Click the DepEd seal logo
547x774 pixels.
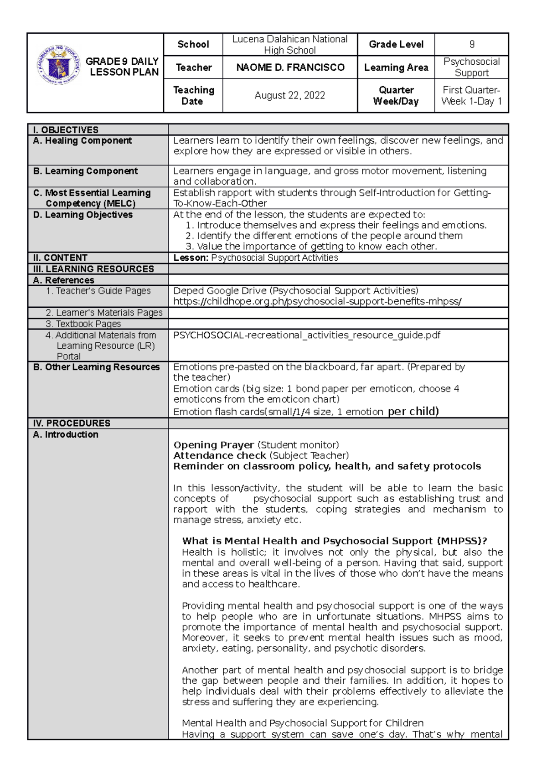pos(58,66)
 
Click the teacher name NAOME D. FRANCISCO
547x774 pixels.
pos(290,67)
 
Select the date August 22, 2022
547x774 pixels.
pos(290,95)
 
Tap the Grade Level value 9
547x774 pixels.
pos(472,44)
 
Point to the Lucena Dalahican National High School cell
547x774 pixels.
pos(290,45)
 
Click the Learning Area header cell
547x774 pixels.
pos(396,67)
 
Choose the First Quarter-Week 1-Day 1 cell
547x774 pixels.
pos(472,95)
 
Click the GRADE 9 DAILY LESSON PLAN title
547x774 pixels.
pos(122,67)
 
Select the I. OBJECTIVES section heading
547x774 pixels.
pos(66,130)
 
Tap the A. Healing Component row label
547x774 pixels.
pos(83,141)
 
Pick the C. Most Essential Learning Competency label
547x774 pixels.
pos(92,198)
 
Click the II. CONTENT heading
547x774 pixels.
pos(60,258)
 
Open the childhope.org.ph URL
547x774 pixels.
pos(317,301)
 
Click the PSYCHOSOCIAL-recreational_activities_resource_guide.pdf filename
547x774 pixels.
pos(307,335)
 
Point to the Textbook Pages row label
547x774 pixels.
pos(83,324)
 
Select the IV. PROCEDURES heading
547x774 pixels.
pos(72,423)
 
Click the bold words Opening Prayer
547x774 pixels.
pos(214,445)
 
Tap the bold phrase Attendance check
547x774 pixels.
pos(220,455)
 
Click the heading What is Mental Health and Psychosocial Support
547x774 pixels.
pos(334,541)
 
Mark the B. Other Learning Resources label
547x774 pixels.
pos(97,367)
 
